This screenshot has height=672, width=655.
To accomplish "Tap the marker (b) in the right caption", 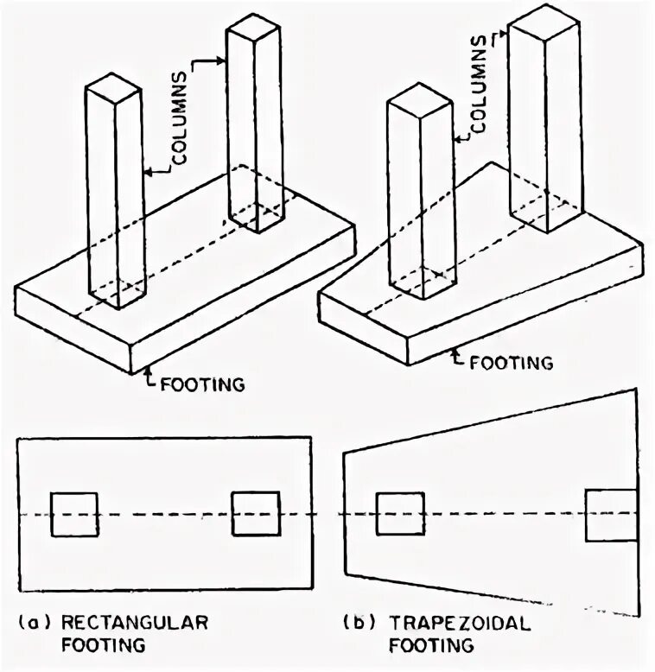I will [358, 622].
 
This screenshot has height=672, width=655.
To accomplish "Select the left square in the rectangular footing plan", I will [74, 514].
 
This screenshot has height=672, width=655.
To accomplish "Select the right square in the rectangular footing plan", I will [256, 514].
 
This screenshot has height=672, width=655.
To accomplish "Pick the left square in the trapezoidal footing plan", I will [400, 514].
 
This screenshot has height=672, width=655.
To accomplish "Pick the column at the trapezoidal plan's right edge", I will [610, 515].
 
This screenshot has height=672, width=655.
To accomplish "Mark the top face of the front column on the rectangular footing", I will [115, 85].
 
